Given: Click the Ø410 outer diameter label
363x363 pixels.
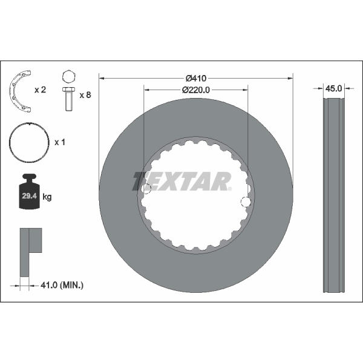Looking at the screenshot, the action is tap(196, 79).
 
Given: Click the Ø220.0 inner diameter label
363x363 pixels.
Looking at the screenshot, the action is tap(196, 90).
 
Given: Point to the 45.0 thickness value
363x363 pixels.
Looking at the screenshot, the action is tap(333, 88).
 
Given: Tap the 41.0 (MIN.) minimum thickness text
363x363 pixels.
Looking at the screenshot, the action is tap(62, 285).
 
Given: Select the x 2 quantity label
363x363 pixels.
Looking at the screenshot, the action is tap(41, 90).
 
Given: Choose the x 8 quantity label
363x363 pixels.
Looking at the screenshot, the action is tap(85, 95).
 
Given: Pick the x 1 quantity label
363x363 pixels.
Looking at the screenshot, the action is tap(60, 142).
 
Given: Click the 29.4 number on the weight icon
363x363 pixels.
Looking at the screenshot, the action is tap(30, 196).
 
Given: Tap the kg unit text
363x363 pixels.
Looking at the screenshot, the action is tap(47, 197).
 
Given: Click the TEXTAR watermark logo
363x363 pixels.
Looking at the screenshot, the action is tap(182, 181).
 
